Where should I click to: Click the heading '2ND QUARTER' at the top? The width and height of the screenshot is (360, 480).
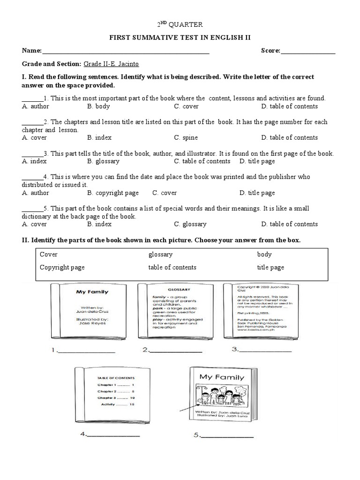pos(180,24)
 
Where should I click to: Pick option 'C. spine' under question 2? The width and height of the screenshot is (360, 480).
pos(186,138)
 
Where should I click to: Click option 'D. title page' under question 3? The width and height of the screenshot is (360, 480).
pos(257,161)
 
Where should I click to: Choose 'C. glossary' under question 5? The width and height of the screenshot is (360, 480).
pos(190,224)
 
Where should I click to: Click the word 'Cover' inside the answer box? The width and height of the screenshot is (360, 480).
pos(49,255)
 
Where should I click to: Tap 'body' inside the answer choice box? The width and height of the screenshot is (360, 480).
pos(264,255)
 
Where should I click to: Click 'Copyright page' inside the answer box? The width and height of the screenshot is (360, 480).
pos(62,267)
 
